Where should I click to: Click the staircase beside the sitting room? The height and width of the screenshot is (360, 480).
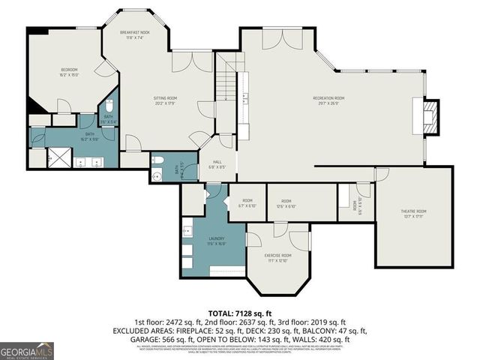tap(226, 83)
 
